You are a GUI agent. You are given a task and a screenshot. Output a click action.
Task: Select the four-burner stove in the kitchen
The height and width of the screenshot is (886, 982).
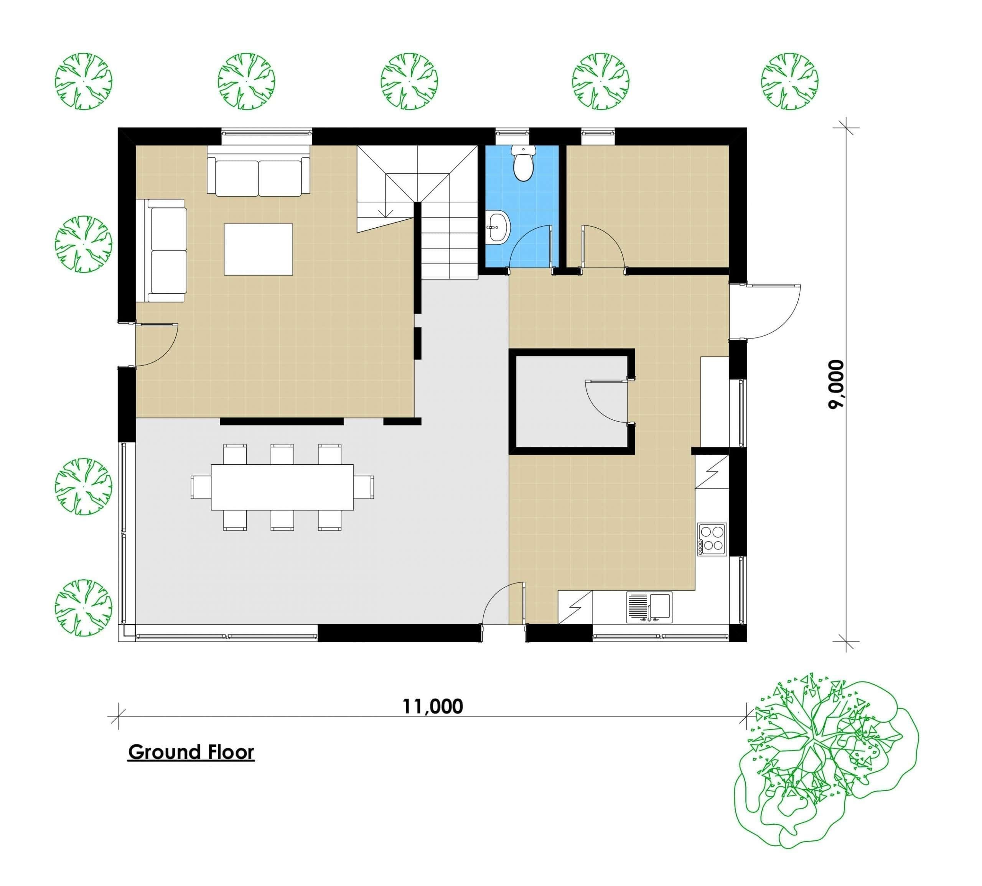[x=712, y=539]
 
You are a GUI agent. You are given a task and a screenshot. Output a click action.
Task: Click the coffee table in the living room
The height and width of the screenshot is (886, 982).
[x=258, y=249]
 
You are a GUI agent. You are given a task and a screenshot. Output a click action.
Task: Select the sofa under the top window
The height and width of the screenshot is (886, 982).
[x=259, y=175]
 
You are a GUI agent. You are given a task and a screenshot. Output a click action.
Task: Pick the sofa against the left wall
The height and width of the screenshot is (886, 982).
[x=166, y=251]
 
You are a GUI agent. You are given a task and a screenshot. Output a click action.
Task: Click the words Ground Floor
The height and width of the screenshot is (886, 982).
[x=191, y=752]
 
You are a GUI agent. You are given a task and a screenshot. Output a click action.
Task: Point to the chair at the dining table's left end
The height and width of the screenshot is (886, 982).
[x=201, y=487]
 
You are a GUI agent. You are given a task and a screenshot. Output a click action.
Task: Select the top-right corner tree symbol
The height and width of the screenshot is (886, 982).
[x=789, y=81]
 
